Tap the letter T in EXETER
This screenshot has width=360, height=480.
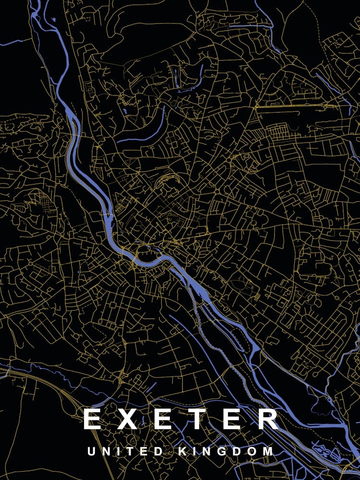coord(201,419)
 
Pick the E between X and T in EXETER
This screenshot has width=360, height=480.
coord(164,419)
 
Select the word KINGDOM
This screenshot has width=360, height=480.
coord(226,452)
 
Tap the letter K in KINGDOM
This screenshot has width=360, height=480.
coord(183,452)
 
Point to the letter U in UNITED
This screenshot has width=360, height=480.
coord(91,452)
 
